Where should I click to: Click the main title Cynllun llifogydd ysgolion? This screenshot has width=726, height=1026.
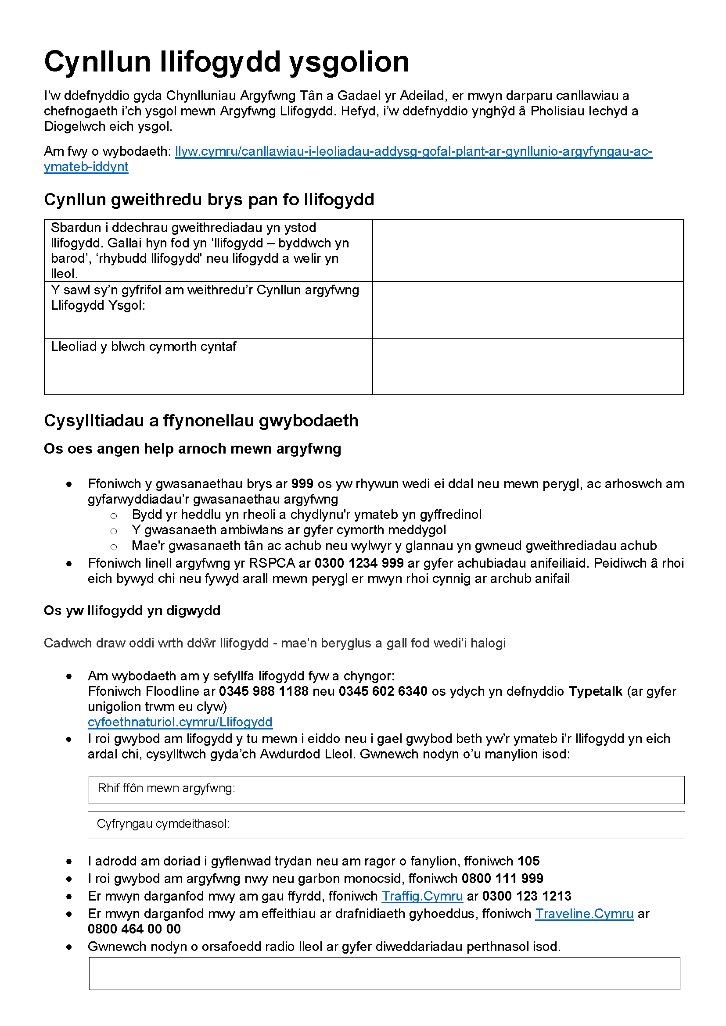coord(226,62)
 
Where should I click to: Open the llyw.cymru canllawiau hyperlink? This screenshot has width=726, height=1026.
coord(413,151)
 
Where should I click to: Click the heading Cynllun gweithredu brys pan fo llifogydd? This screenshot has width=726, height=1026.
coord(209,199)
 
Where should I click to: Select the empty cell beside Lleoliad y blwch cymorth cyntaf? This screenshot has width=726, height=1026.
coord(528,366)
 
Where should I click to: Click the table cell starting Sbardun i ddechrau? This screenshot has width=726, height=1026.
coord(208,250)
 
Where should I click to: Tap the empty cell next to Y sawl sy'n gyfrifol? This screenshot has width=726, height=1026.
coord(528,309)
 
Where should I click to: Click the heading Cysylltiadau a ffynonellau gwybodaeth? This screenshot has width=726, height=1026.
coord(201,421)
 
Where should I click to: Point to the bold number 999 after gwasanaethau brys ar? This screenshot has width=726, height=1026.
coord(302,483)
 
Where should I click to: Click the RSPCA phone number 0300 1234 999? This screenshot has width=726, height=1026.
coord(359,563)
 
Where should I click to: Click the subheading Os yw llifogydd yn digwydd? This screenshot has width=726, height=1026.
coord(132,611)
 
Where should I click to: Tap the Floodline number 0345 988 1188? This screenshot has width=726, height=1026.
coord(263,691)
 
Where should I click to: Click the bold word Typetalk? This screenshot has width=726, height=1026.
coord(595,691)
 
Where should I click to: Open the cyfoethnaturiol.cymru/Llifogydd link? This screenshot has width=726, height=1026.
coord(180,722)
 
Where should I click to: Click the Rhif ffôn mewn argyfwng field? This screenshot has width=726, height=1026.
coord(386,790)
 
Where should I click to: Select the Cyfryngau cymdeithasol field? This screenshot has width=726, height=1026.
coord(386,826)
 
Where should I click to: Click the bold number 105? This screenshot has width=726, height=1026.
coord(528,861)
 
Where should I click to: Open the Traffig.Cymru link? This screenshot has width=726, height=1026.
coord(422,896)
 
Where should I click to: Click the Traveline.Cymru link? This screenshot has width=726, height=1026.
coord(584,913)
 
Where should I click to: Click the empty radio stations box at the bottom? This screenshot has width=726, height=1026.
coord(385,973)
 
